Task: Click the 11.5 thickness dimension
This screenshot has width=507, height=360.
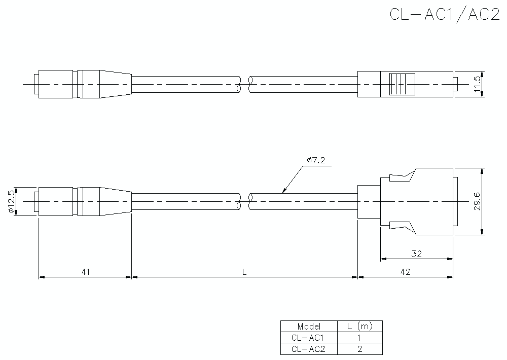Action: (477, 84)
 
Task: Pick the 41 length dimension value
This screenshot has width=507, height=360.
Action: (85, 272)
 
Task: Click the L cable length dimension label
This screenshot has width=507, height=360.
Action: (244, 272)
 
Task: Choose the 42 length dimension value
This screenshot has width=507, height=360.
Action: (405, 272)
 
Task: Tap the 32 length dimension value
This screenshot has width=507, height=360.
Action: (416, 254)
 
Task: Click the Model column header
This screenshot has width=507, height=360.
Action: (308, 326)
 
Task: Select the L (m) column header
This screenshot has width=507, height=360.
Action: (359, 326)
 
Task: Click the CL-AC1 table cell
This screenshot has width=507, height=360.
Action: (308, 337)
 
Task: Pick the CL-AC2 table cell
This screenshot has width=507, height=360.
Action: (308, 348)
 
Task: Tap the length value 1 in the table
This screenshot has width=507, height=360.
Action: (359, 337)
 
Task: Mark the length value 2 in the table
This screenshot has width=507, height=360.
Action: (359, 348)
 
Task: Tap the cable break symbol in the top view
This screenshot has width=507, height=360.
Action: (244, 84)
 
